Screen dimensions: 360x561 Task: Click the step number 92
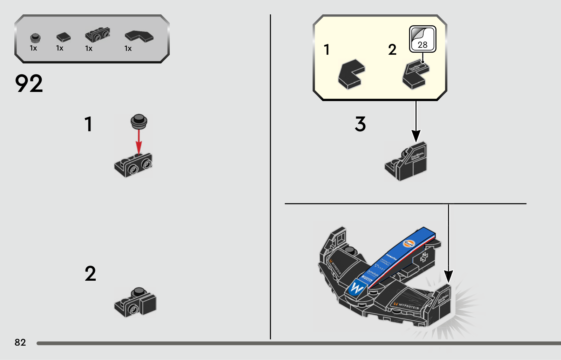pos(29,84)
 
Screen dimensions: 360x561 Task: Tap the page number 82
pos(20,342)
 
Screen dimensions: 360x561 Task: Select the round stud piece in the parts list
pos(35,38)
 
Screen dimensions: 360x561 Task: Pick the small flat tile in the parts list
pos(63,37)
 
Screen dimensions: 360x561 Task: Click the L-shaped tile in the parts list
pos(139,36)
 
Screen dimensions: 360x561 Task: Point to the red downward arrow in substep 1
pos(139,141)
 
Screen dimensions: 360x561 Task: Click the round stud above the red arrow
pos(139,120)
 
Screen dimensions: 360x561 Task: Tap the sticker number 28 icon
pos(423,39)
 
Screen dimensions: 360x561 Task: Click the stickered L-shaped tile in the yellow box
pos(415,75)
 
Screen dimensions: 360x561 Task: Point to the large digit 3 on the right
pos(360,124)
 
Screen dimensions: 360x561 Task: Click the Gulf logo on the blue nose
pos(409,243)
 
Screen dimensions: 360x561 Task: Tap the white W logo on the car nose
pos(357,289)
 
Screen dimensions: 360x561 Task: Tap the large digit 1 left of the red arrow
pos(88,124)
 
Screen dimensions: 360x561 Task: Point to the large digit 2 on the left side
pos(90,274)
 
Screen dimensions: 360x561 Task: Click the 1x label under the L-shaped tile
pos(128,48)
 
